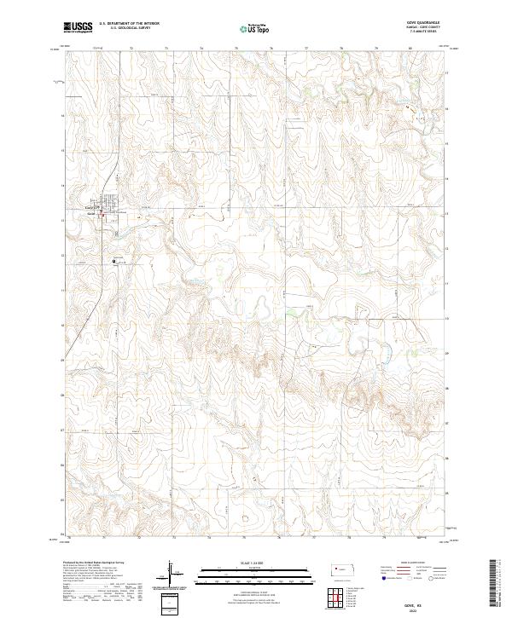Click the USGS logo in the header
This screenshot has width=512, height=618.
pyautogui.click(x=79, y=27)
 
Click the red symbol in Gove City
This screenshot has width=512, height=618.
pyautogui.click(x=104, y=216)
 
